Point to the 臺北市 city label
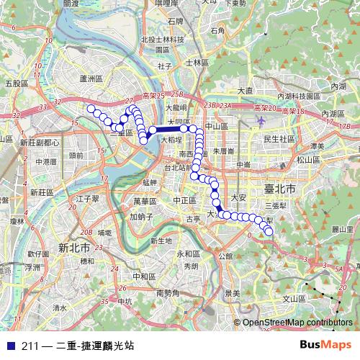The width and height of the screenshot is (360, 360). coord(280,188)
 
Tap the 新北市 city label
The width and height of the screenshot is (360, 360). coord(73,247)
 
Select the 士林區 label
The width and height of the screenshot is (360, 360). coord(196,63)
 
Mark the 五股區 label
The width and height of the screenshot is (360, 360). coord(17,84)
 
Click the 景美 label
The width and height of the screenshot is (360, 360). coord(232,292)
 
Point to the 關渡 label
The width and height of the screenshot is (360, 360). coord(71,4)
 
